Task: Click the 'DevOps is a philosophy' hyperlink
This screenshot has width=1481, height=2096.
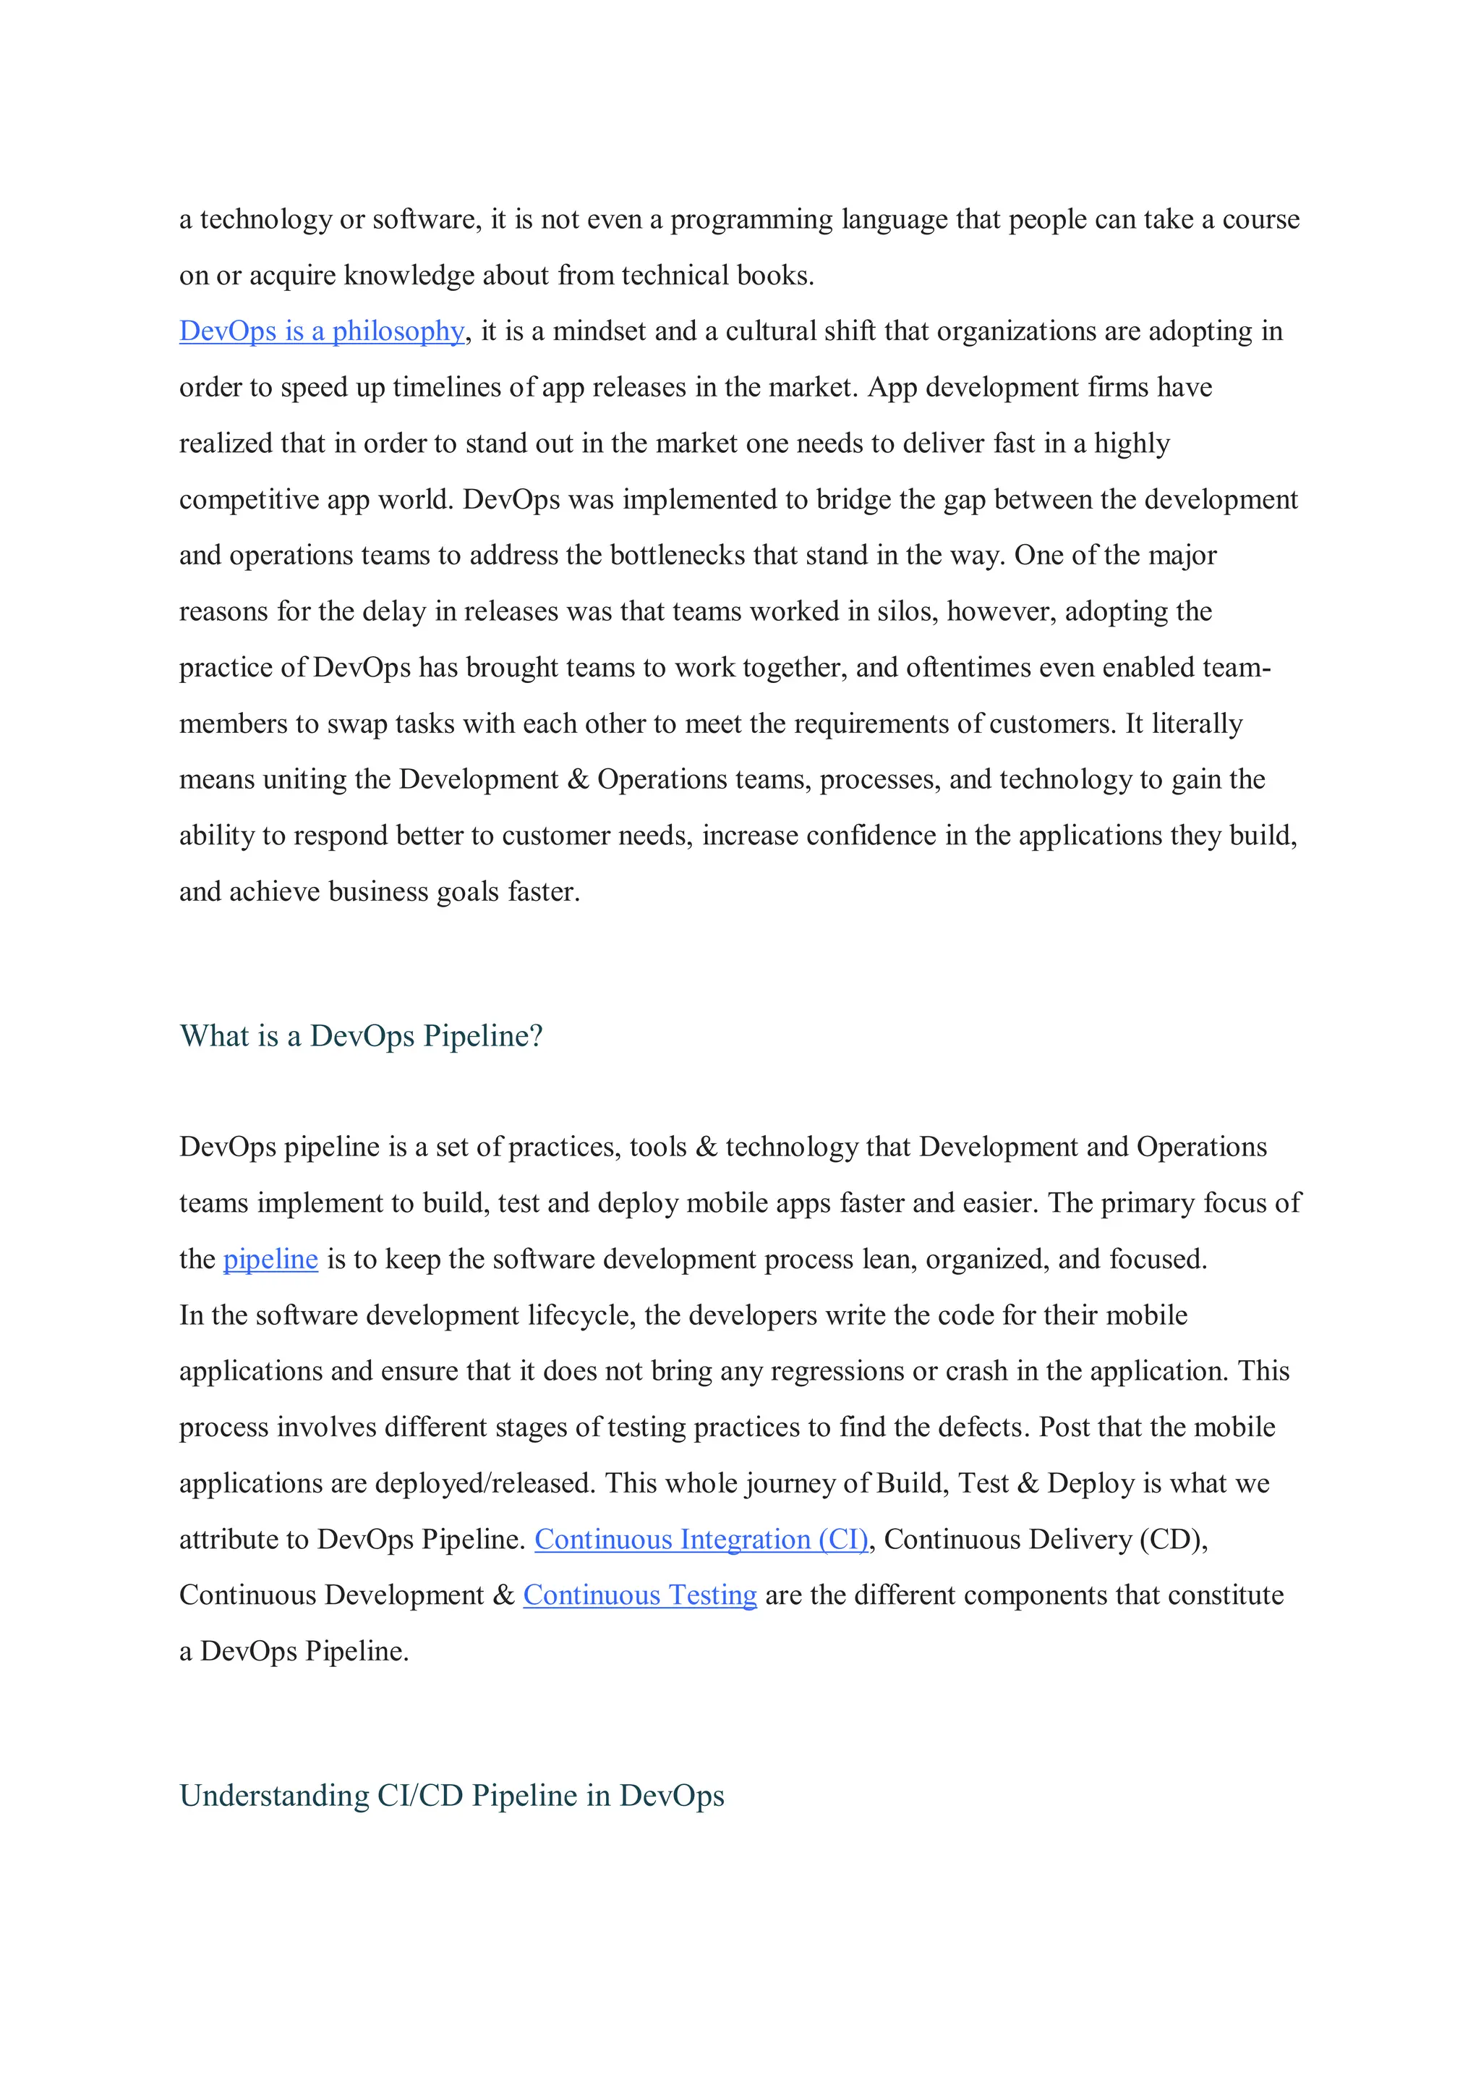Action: (321, 331)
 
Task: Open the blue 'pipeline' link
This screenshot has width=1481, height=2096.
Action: (270, 1260)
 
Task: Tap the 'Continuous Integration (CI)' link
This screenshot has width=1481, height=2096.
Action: (701, 1540)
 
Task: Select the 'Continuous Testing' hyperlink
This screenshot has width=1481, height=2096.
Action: (640, 1596)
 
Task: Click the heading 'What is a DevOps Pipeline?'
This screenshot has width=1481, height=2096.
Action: (362, 1036)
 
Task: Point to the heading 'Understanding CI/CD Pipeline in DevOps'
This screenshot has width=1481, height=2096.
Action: (452, 1796)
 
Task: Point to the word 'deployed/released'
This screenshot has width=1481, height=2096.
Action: (485, 1483)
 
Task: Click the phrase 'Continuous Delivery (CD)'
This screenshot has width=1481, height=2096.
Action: (1045, 1540)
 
